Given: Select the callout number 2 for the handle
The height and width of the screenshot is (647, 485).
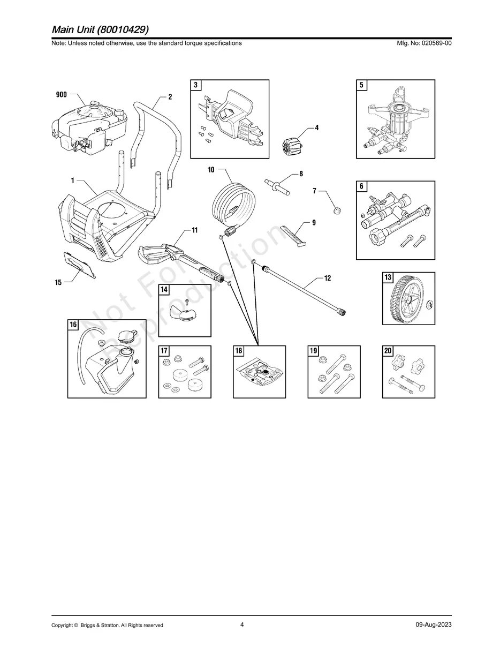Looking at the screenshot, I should (x=170, y=97).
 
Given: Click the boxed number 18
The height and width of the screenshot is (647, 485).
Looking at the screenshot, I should (x=239, y=351).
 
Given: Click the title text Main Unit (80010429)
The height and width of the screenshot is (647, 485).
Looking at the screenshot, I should (x=101, y=29).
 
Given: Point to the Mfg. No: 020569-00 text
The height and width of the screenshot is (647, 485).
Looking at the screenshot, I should (x=422, y=43).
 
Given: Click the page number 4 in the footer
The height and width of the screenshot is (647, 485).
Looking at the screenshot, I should (x=242, y=625).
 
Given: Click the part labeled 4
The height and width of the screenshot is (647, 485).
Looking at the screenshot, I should (x=290, y=145).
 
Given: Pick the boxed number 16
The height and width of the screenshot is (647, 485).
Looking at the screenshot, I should (x=73, y=325).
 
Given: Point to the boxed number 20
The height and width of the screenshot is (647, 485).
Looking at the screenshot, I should (x=388, y=351).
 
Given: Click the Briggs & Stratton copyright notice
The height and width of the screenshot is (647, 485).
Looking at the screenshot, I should (x=107, y=625).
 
